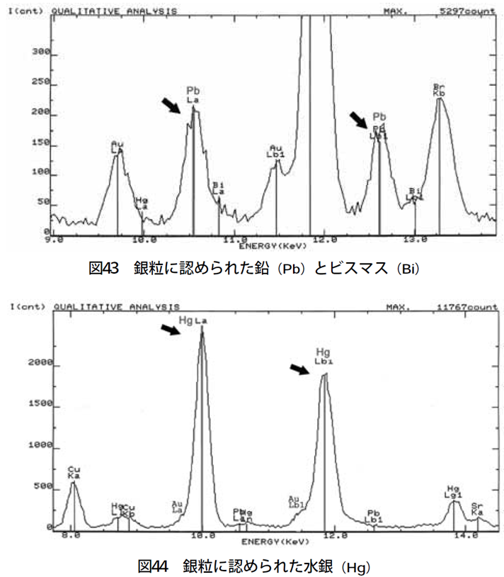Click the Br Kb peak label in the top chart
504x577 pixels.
pyautogui.click(x=438, y=90)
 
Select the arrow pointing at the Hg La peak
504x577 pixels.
pyautogui.click(x=171, y=329)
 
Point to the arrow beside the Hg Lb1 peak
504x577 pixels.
pyautogui.click(x=300, y=368)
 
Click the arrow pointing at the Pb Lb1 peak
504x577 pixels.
pyautogui.click(x=359, y=119)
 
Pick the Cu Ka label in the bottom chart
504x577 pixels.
pyautogui.click(x=73, y=473)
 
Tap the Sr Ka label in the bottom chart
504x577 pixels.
pyautogui.click(x=477, y=508)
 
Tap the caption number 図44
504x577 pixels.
pyautogui.click(x=152, y=566)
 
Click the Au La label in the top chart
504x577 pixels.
pyautogui.click(x=118, y=147)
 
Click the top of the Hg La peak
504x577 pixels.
pyautogui.click(x=202, y=331)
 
